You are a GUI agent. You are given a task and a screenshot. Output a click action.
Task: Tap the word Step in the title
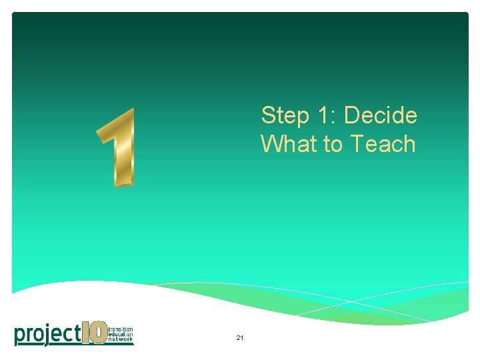(x=285, y=116)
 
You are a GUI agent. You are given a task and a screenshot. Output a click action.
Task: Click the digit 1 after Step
(x=325, y=115)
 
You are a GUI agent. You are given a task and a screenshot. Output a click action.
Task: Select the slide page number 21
(x=239, y=339)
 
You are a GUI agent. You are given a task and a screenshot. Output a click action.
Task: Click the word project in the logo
(x=47, y=333)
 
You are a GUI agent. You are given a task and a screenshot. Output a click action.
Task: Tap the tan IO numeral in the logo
(x=94, y=333)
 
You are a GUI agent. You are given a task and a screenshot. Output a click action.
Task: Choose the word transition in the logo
(x=120, y=329)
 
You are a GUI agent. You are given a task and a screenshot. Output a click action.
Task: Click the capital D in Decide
(x=352, y=115)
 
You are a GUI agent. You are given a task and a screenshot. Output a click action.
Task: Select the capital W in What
(x=272, y=143)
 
